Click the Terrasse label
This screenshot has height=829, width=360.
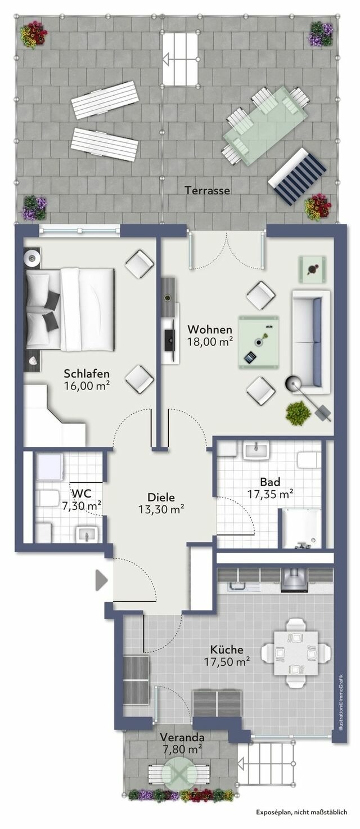tap(207, 191)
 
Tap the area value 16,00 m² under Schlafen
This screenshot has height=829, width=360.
tap(87, 386)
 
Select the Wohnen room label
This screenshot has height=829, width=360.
tap(210, 329)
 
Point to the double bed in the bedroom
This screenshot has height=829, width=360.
tap(70, 309)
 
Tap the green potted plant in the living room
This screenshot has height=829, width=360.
tap(298, 414)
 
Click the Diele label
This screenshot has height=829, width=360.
tap(161, 498)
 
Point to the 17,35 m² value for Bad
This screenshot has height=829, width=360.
tap(271, 494)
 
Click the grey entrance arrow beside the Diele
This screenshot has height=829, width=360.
tap(101, 580)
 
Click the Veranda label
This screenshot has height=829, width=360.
tap(182, 737)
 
